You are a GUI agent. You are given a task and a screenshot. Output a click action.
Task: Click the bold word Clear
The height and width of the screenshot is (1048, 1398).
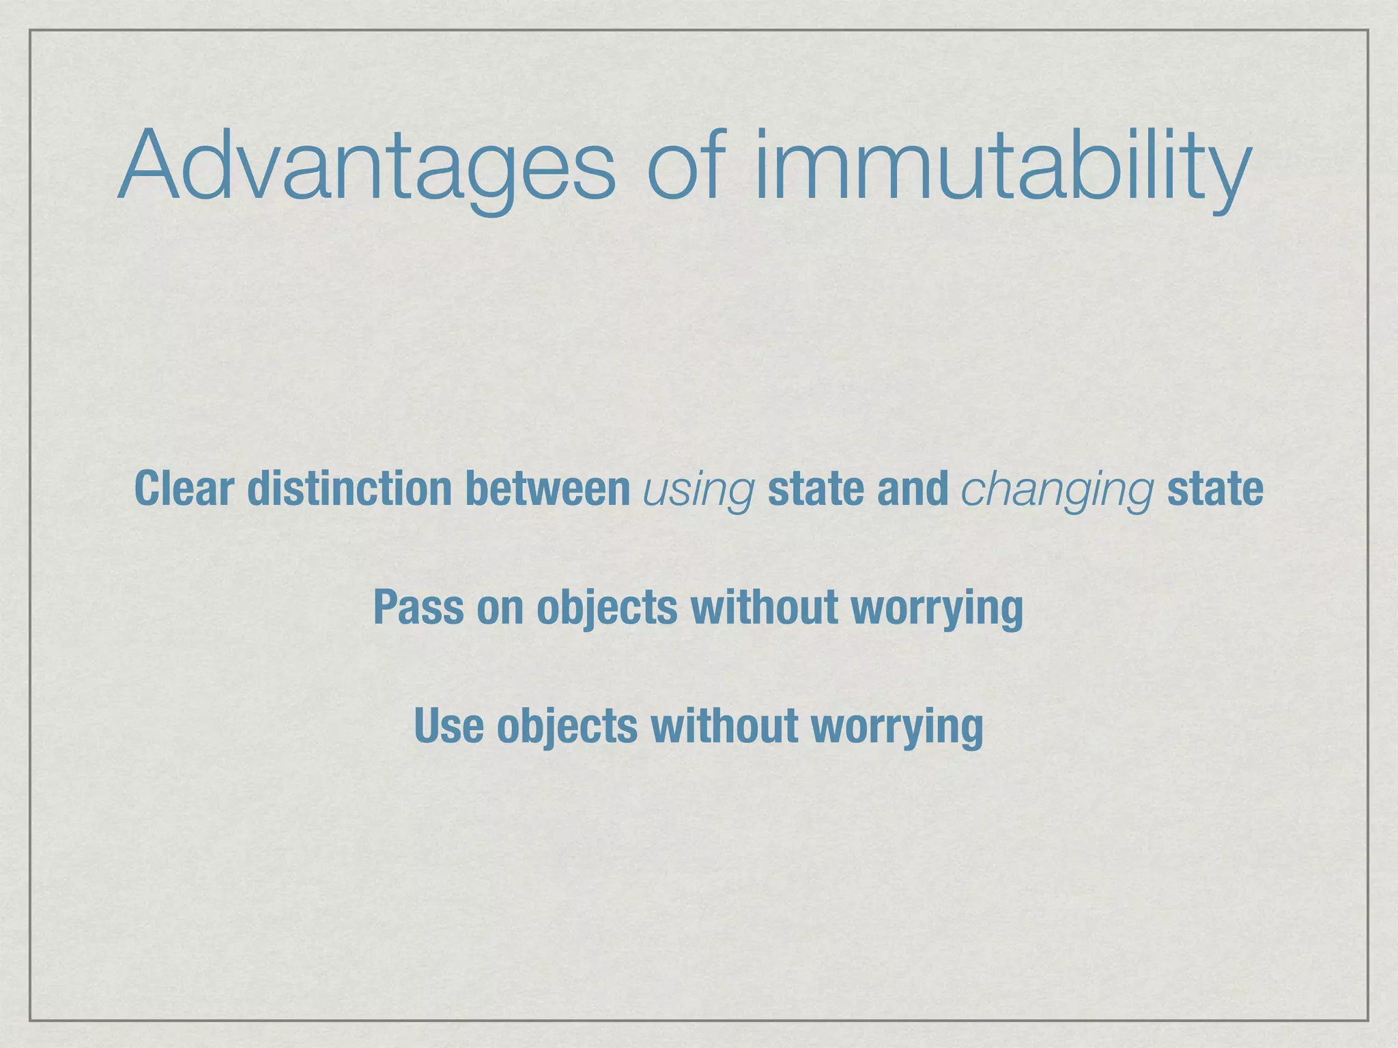pos(184,489)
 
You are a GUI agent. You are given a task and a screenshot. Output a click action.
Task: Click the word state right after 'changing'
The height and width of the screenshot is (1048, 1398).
pos(1215,490)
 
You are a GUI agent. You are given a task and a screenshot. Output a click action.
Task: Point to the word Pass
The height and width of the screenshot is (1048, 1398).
pos(418,607)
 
